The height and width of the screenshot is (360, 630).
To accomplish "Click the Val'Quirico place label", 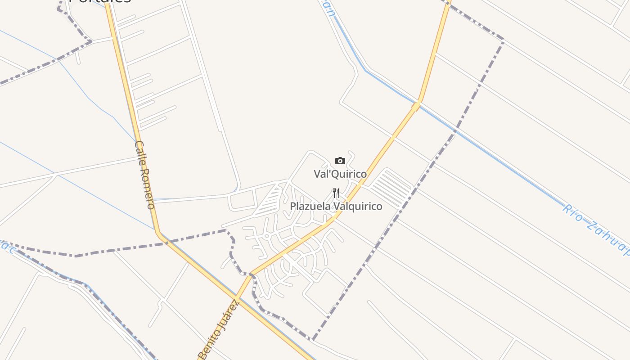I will coord(340,174).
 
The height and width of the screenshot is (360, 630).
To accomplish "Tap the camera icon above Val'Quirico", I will coord(340,161).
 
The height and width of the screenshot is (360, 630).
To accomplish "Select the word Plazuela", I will coord(309,207).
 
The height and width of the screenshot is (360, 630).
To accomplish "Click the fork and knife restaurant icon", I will coord(336,193).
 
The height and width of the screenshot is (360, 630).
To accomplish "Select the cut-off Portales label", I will coord(100,1).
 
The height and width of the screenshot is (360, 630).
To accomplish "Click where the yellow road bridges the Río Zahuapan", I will coord(416,106).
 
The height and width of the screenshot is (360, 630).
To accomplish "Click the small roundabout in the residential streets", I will coord(266,236).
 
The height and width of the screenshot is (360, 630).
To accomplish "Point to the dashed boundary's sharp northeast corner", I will coord(503,41).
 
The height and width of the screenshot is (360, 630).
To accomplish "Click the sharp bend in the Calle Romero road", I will coord(158,232).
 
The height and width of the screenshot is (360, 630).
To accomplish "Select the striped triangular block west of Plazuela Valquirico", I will coord(270,202).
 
